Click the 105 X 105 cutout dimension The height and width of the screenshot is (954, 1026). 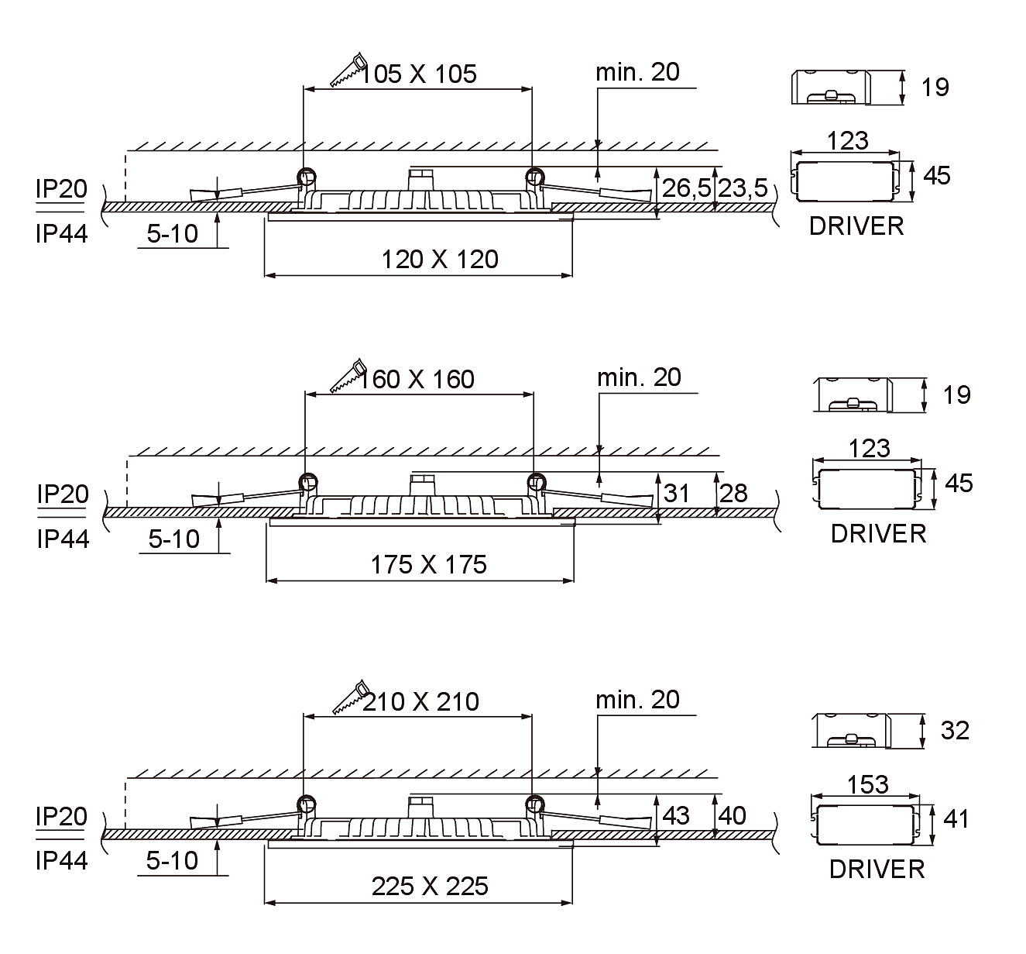tap(418, 74)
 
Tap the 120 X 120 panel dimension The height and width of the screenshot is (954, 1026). tap(440, 259)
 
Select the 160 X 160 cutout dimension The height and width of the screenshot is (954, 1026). tap(416, 380)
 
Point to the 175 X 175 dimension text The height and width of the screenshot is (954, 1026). tap(428, 564)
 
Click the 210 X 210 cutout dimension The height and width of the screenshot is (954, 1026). tap(420, 701)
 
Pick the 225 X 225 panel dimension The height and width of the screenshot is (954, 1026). tap(429, 887)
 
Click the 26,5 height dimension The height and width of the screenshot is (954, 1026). tap(686, 188)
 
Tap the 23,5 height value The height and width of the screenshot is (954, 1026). tap(743, 188)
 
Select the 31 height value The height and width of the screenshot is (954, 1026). tap(677, 494)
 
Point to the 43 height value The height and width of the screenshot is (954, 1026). tap(676, 816)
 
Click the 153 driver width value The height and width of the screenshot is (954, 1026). tap(868, 785)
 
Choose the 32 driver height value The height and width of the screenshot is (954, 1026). tap(955, 731)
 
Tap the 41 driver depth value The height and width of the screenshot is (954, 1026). tap(956, 819)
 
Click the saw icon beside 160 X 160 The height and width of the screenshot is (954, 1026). tap(348, 375)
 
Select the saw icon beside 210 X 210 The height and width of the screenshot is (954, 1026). tap(352, 697)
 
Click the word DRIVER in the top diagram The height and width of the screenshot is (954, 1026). tap(856, 226)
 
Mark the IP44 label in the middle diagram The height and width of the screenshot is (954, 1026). tap(63, 539)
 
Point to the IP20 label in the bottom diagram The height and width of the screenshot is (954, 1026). tap(61, 817)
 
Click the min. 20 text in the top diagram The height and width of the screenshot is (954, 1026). tap(637, 72)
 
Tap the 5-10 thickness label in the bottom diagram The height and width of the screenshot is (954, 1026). tap(172, 861)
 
